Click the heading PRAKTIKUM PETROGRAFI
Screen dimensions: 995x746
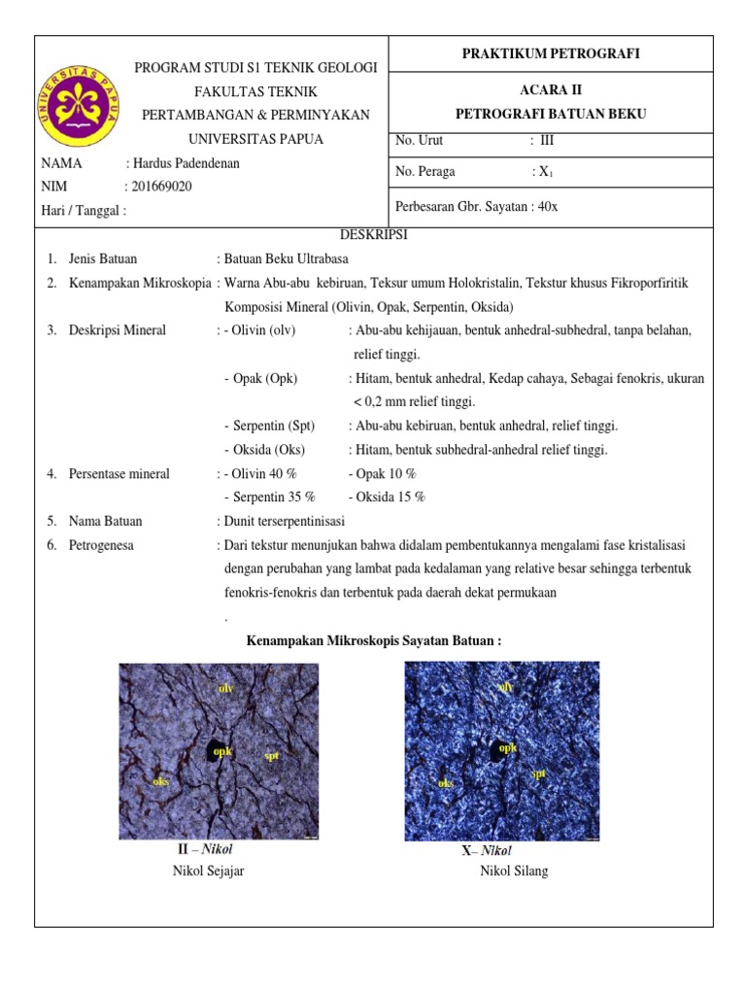550,53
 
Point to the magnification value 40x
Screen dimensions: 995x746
547,207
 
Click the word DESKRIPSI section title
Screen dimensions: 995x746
374,235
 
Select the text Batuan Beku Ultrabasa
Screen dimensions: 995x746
286,258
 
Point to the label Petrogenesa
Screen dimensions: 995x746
101,545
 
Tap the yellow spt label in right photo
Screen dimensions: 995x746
537,773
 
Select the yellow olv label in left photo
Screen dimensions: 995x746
226,688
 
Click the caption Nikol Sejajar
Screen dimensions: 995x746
208,871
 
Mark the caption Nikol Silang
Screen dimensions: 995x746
514,871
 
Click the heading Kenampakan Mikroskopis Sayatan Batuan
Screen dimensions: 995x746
374,641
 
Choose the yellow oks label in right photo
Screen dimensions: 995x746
446,782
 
